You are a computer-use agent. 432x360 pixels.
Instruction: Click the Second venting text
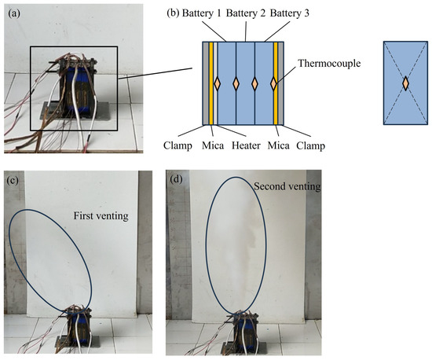(282, 187)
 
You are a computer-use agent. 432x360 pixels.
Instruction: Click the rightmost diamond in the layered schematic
(273, 83)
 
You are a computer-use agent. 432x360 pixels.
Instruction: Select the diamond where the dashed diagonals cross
(405, 83)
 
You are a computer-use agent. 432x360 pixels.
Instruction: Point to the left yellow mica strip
(211, 83)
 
